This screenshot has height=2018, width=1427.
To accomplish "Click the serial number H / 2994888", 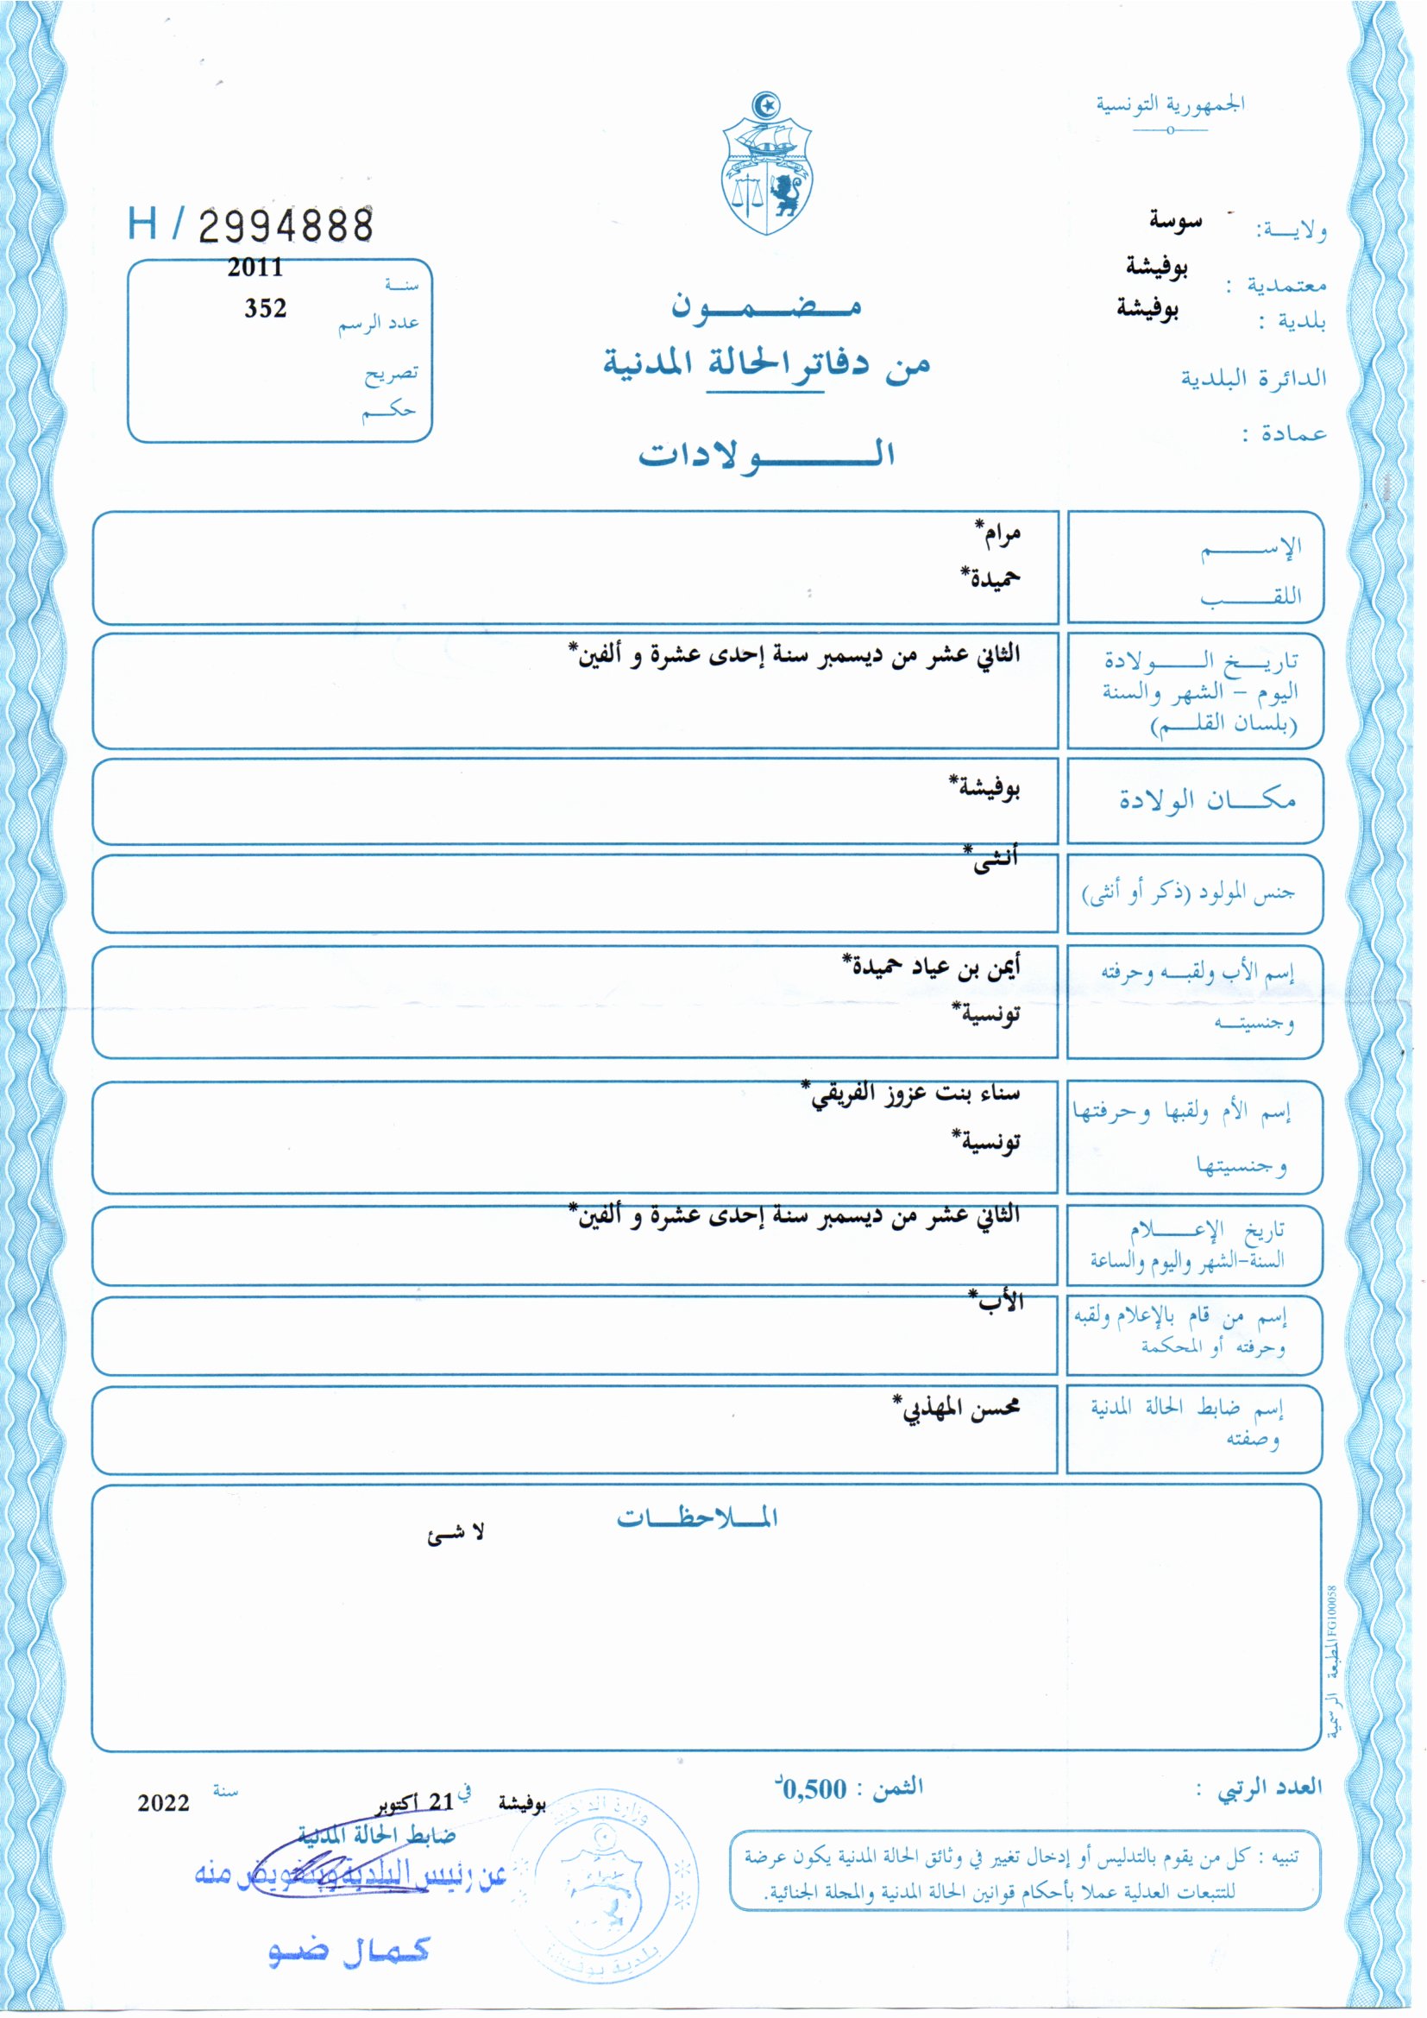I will click(250, 225).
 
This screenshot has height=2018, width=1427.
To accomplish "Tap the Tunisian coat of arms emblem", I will click(767, 165).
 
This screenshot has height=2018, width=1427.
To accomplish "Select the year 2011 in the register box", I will click(255, 268).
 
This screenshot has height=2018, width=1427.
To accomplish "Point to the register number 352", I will click(266, 308).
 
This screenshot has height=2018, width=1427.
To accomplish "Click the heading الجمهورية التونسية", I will click(1170, 104).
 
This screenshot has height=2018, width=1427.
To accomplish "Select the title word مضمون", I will click(766, 305).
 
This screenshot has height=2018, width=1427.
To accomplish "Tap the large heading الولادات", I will click(766, 453).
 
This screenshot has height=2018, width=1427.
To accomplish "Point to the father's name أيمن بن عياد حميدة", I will click(932, 967).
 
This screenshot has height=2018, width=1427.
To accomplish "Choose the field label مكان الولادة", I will click(1206, 800).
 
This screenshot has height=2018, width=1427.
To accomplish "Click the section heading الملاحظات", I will click(697, 1518).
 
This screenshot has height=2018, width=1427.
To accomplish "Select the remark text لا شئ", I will click(456, 1534).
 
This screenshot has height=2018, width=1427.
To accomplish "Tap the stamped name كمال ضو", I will click(349, 1951).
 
